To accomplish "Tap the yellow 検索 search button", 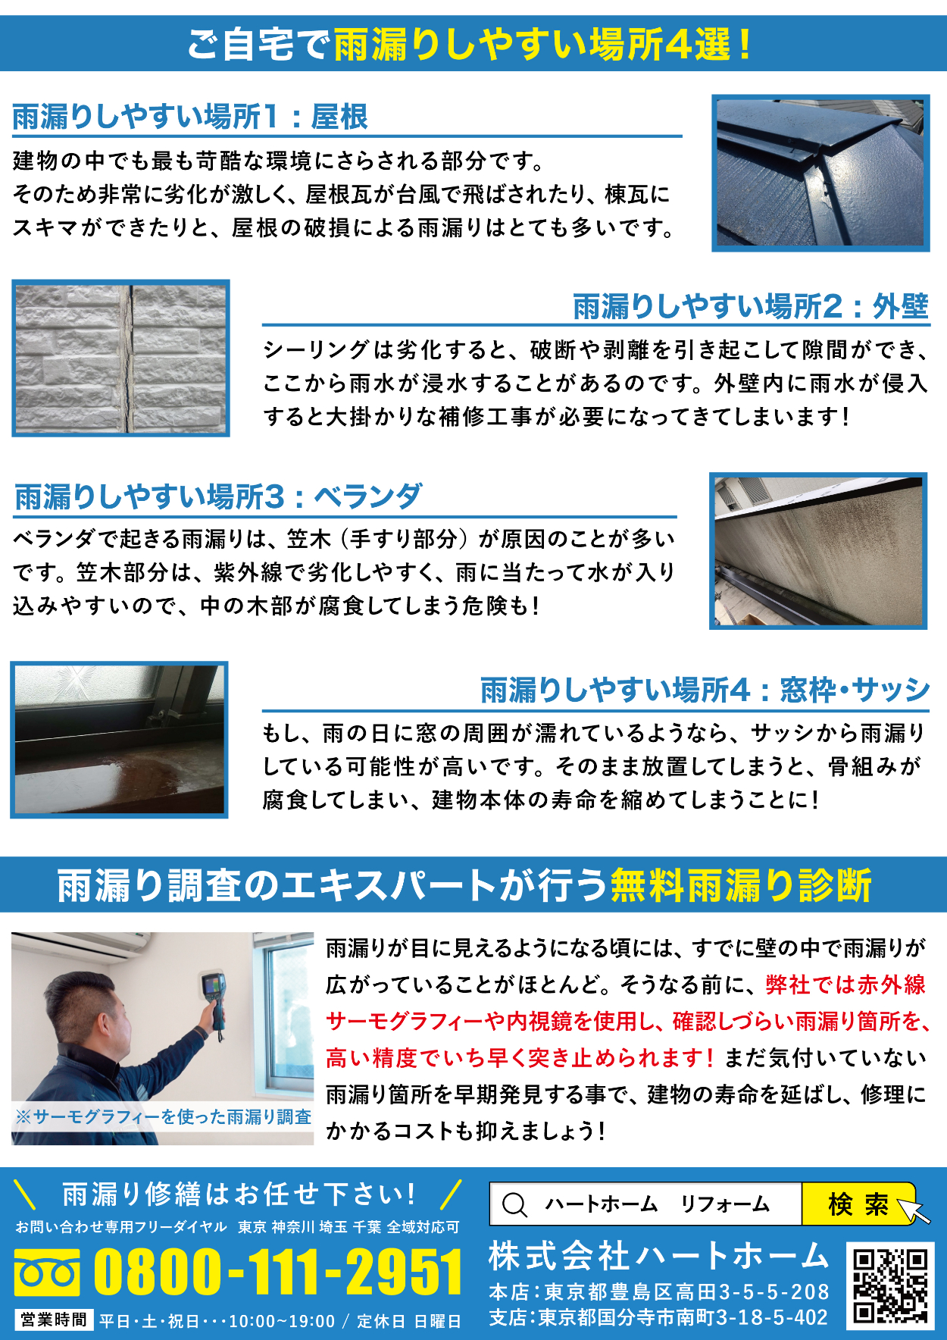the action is tap(859, 1204).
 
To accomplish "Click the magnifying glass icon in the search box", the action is tap(515, 1204).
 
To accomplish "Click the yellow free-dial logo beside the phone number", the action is tap(47, 1273).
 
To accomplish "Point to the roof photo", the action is tap(820, 173).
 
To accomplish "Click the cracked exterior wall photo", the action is tap(120, 358).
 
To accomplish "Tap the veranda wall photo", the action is tap(818, 551).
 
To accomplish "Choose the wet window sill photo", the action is tap(119, 740).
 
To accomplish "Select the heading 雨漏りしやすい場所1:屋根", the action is tap(190, 117).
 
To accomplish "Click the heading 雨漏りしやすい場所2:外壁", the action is tap(751, 306).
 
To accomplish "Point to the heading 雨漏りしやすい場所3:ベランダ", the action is tap(218, 497).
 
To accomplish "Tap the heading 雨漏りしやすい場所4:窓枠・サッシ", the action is tap(705, 690).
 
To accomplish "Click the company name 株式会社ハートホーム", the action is tap(658, 1256).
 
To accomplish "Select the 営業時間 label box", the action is tap(54, 1320).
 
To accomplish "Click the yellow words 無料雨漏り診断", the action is tap(741, 884).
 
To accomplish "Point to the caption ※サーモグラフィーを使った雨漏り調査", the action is tap(163, 1116).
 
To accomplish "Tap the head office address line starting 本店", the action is tap(659, 1291).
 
